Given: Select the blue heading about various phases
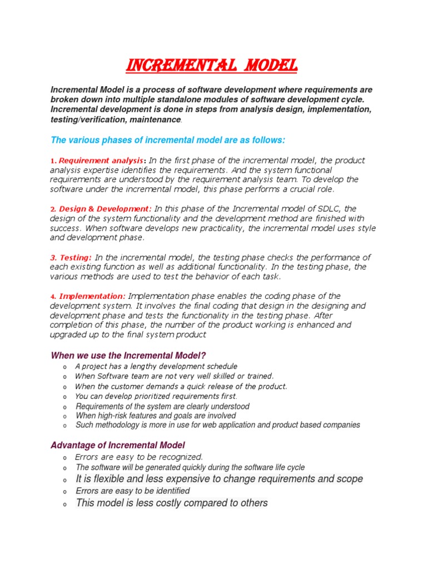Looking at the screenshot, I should point(167,139).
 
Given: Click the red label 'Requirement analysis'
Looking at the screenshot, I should point(101,161).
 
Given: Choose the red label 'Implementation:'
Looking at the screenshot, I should point(92,296).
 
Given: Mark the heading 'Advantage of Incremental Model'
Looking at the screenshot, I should point(118,445).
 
